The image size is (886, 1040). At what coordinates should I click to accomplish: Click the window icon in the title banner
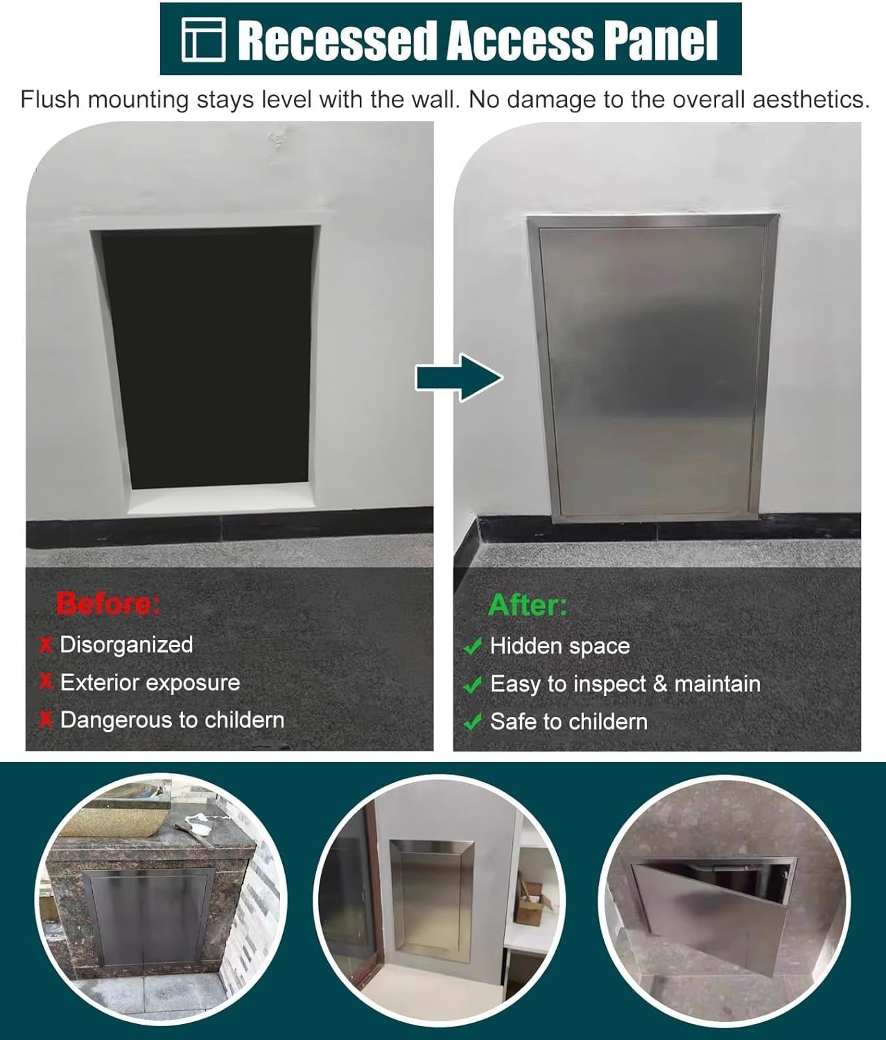(203, 40)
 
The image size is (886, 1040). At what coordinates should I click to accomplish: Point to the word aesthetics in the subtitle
(810, 100)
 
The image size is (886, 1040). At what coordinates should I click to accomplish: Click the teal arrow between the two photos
(459, 377)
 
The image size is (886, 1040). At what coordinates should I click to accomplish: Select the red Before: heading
(108, 603)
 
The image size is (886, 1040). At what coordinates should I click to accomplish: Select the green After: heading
(528, 605)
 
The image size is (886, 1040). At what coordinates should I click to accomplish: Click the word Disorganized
(126, 645)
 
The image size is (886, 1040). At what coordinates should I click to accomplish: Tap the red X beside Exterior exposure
(46, 682)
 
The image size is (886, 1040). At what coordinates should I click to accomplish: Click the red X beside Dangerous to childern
(46, 720)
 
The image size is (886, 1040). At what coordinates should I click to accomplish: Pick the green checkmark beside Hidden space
(473, 647)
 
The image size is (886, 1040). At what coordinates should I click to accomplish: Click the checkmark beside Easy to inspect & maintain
(473, 684)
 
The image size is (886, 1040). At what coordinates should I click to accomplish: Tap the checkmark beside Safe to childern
(473, 722)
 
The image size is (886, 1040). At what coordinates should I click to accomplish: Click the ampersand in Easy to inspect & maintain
(659, 684)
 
